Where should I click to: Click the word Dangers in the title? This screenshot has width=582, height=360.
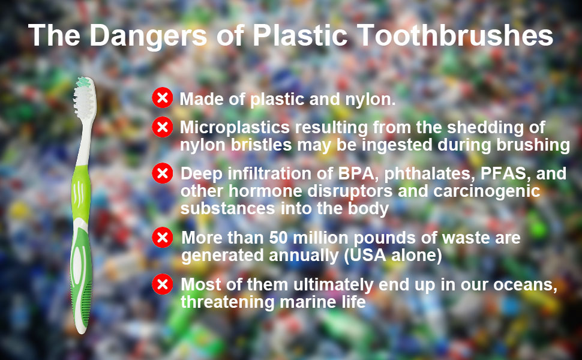coord(148,35)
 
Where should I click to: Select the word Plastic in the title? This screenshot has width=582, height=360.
coord(300,35)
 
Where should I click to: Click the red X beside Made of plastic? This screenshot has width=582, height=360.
coord(163,98)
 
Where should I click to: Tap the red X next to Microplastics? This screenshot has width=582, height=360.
coord(163,127)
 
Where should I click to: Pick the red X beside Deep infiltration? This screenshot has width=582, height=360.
coord(163,173)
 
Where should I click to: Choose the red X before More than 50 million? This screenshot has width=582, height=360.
coord(163,238)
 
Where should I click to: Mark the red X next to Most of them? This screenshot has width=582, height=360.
coord(163,284)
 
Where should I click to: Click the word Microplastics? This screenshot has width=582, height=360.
coord(235,128)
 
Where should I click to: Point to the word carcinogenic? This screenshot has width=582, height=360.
coord(487,191)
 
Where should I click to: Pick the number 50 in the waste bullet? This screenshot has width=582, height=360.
coord(278,238)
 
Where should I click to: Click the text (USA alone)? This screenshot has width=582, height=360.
coord(393,256)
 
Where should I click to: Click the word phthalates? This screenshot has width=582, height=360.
coord(430,174)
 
